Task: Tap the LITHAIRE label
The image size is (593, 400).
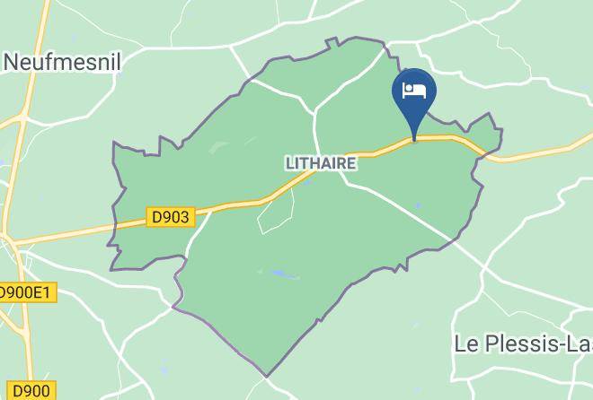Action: point(321,163)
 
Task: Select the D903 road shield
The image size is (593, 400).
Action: point(170,217)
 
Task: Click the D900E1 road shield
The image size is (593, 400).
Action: point(25,292)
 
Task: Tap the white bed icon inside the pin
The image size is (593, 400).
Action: point(414,91)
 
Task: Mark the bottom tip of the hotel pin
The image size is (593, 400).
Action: point(414,140)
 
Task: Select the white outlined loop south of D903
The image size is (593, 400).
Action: point(276,211)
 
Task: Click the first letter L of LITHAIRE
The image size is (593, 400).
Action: point(289,163)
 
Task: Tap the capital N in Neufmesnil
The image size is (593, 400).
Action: point(12,62)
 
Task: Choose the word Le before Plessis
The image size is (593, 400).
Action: point(468,344)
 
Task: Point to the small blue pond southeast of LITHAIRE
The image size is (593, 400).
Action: point(417,205)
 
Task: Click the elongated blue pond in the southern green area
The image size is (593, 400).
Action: point(279,274)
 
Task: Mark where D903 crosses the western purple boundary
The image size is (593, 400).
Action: point(118,224)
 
